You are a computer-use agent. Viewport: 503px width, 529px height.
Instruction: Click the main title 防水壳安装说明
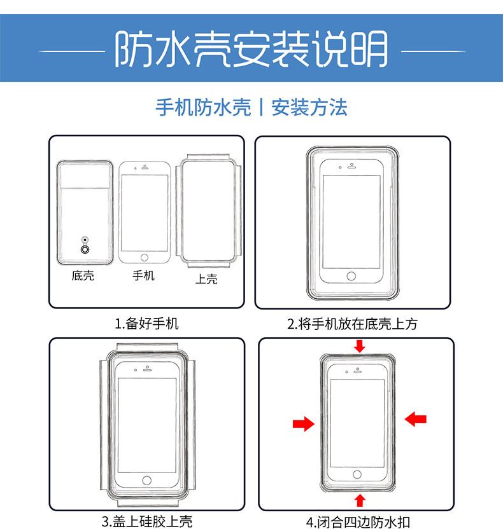pos(251,49)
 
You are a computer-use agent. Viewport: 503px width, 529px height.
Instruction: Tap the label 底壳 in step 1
pos(83,276)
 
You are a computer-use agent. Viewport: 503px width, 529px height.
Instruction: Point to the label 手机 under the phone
pos(143,276)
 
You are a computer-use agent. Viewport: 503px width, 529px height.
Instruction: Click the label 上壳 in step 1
pos(206,278)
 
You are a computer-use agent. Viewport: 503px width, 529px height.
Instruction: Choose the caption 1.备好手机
pos(146,324)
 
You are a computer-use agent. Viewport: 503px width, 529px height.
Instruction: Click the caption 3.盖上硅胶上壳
pos(146,521)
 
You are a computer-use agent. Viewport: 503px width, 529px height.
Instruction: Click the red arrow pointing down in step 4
pos(360,346)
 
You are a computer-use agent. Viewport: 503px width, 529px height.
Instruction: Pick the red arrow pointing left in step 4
pos(416,418)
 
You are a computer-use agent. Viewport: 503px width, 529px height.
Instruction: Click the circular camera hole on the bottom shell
pos(84,250)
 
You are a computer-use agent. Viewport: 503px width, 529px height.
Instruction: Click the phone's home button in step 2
pos(351,276)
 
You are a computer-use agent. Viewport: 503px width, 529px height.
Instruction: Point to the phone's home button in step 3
pos(146,480)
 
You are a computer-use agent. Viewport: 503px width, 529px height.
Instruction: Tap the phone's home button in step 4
pos(357,474)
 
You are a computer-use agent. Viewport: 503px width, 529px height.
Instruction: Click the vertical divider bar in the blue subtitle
pos(261,107)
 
